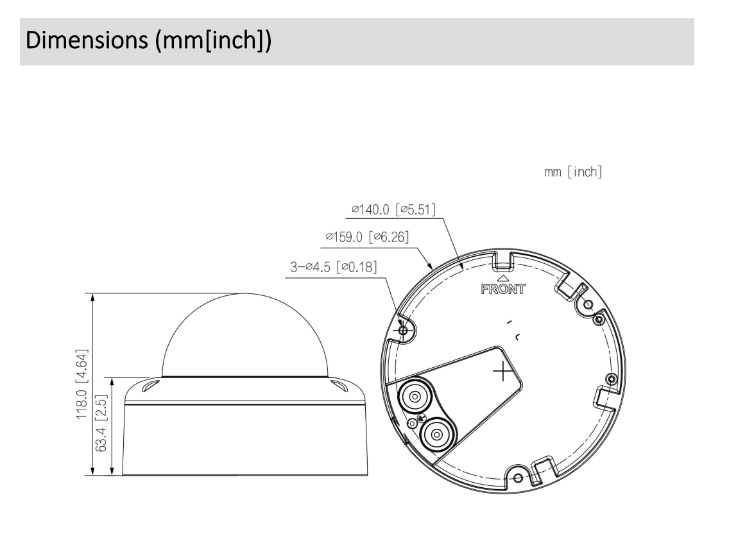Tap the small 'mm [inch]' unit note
click(x=572, y=173)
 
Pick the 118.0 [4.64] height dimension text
click(x=81, y=385)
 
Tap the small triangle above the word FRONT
click(x=503, y=278)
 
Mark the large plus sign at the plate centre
click(x=503, y=372)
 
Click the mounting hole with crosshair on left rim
click(x=403, y=330)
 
